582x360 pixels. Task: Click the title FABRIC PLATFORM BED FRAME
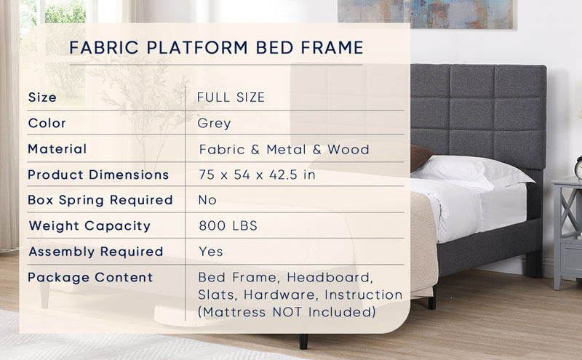click(x=216, y=49)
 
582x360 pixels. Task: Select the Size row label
click(x=42, y=97)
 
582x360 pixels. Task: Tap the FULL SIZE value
click(x=231, y=97)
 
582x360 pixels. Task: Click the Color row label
click(x=47, y=123)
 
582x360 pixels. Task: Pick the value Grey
click(x=214, y=123)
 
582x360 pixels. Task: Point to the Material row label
click(x=57, y=149)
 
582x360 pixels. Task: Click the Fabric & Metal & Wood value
click(x=284, y=150)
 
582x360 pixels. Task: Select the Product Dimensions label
click(x=98, y=175)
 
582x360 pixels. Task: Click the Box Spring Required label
click(x=100, y=200)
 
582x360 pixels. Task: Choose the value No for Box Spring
click(x=207, y=200)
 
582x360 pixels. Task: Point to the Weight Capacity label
click(x=89, y=225)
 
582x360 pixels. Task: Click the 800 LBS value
click(x=228, y=226)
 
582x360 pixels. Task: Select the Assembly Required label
click(x=95, y=252)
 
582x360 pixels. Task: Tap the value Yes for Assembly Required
click(x=211, y=252)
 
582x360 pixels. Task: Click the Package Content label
click(x=90, y=277)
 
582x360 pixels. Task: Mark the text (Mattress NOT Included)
click(x=287, y=313)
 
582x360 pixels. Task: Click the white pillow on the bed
click(x=473, y=172)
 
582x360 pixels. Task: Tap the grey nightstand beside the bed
click(x=567, y=233)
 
